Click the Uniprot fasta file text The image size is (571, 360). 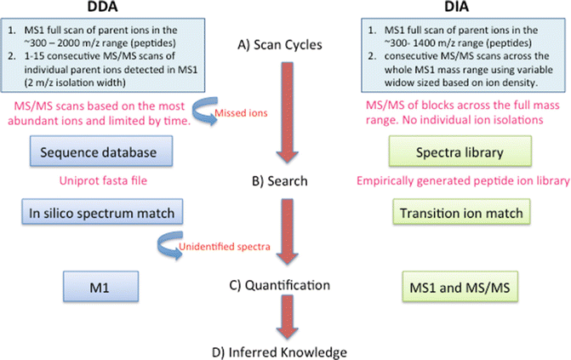90,182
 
